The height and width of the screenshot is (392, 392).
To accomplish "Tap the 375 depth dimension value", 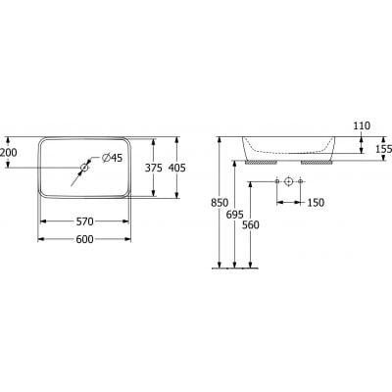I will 152,168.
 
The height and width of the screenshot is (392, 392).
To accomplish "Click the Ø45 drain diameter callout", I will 110,158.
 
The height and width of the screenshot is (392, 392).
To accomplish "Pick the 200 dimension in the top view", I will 9,154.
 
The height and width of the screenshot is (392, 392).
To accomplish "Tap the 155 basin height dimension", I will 381,148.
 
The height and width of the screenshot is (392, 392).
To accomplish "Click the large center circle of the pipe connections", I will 289,182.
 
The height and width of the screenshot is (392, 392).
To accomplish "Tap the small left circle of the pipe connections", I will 278,182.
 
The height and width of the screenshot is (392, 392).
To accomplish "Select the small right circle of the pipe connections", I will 300,182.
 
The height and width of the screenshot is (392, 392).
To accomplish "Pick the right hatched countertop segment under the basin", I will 316,163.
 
